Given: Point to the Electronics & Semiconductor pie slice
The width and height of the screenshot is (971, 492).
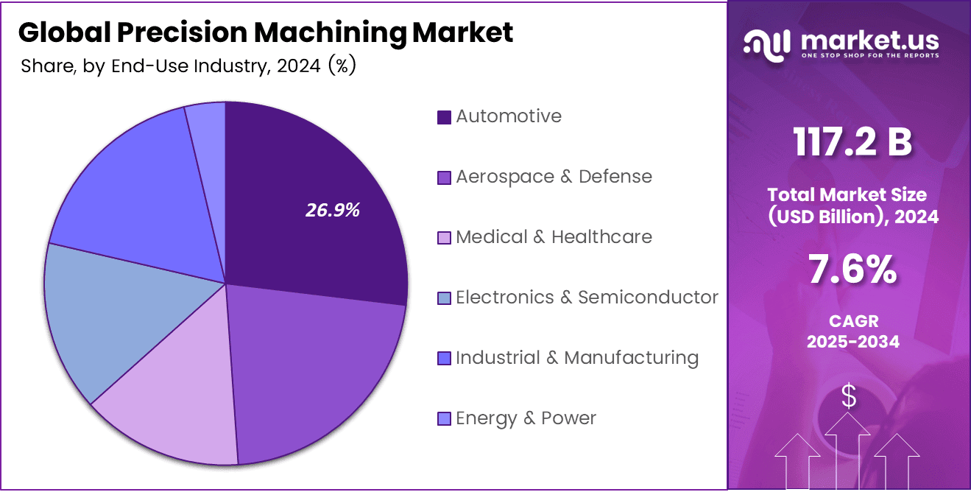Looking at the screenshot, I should [x=103, y=317].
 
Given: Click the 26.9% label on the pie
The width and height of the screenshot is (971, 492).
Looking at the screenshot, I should [x=333, y=210].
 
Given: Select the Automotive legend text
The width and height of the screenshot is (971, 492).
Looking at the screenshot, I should [x=508, y=116].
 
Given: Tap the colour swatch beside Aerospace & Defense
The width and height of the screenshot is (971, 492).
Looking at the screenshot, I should [x=444, y=178].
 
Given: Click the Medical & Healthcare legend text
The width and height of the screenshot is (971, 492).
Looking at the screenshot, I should [x=554, y=237].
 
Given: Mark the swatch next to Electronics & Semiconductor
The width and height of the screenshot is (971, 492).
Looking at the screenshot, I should [x=444, y=298].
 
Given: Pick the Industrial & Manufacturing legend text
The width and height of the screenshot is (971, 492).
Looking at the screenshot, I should [x=576, y=358].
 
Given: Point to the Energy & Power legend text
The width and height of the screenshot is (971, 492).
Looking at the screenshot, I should [x=526, y=418].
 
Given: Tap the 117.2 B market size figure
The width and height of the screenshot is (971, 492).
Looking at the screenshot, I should [x=852, y=142].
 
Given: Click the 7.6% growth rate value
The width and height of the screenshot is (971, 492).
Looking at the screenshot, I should [x=852, y=270].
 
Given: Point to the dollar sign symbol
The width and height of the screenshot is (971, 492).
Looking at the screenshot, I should [x=849, y=396].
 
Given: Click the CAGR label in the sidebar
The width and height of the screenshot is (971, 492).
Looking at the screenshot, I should [x=852, y=322].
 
